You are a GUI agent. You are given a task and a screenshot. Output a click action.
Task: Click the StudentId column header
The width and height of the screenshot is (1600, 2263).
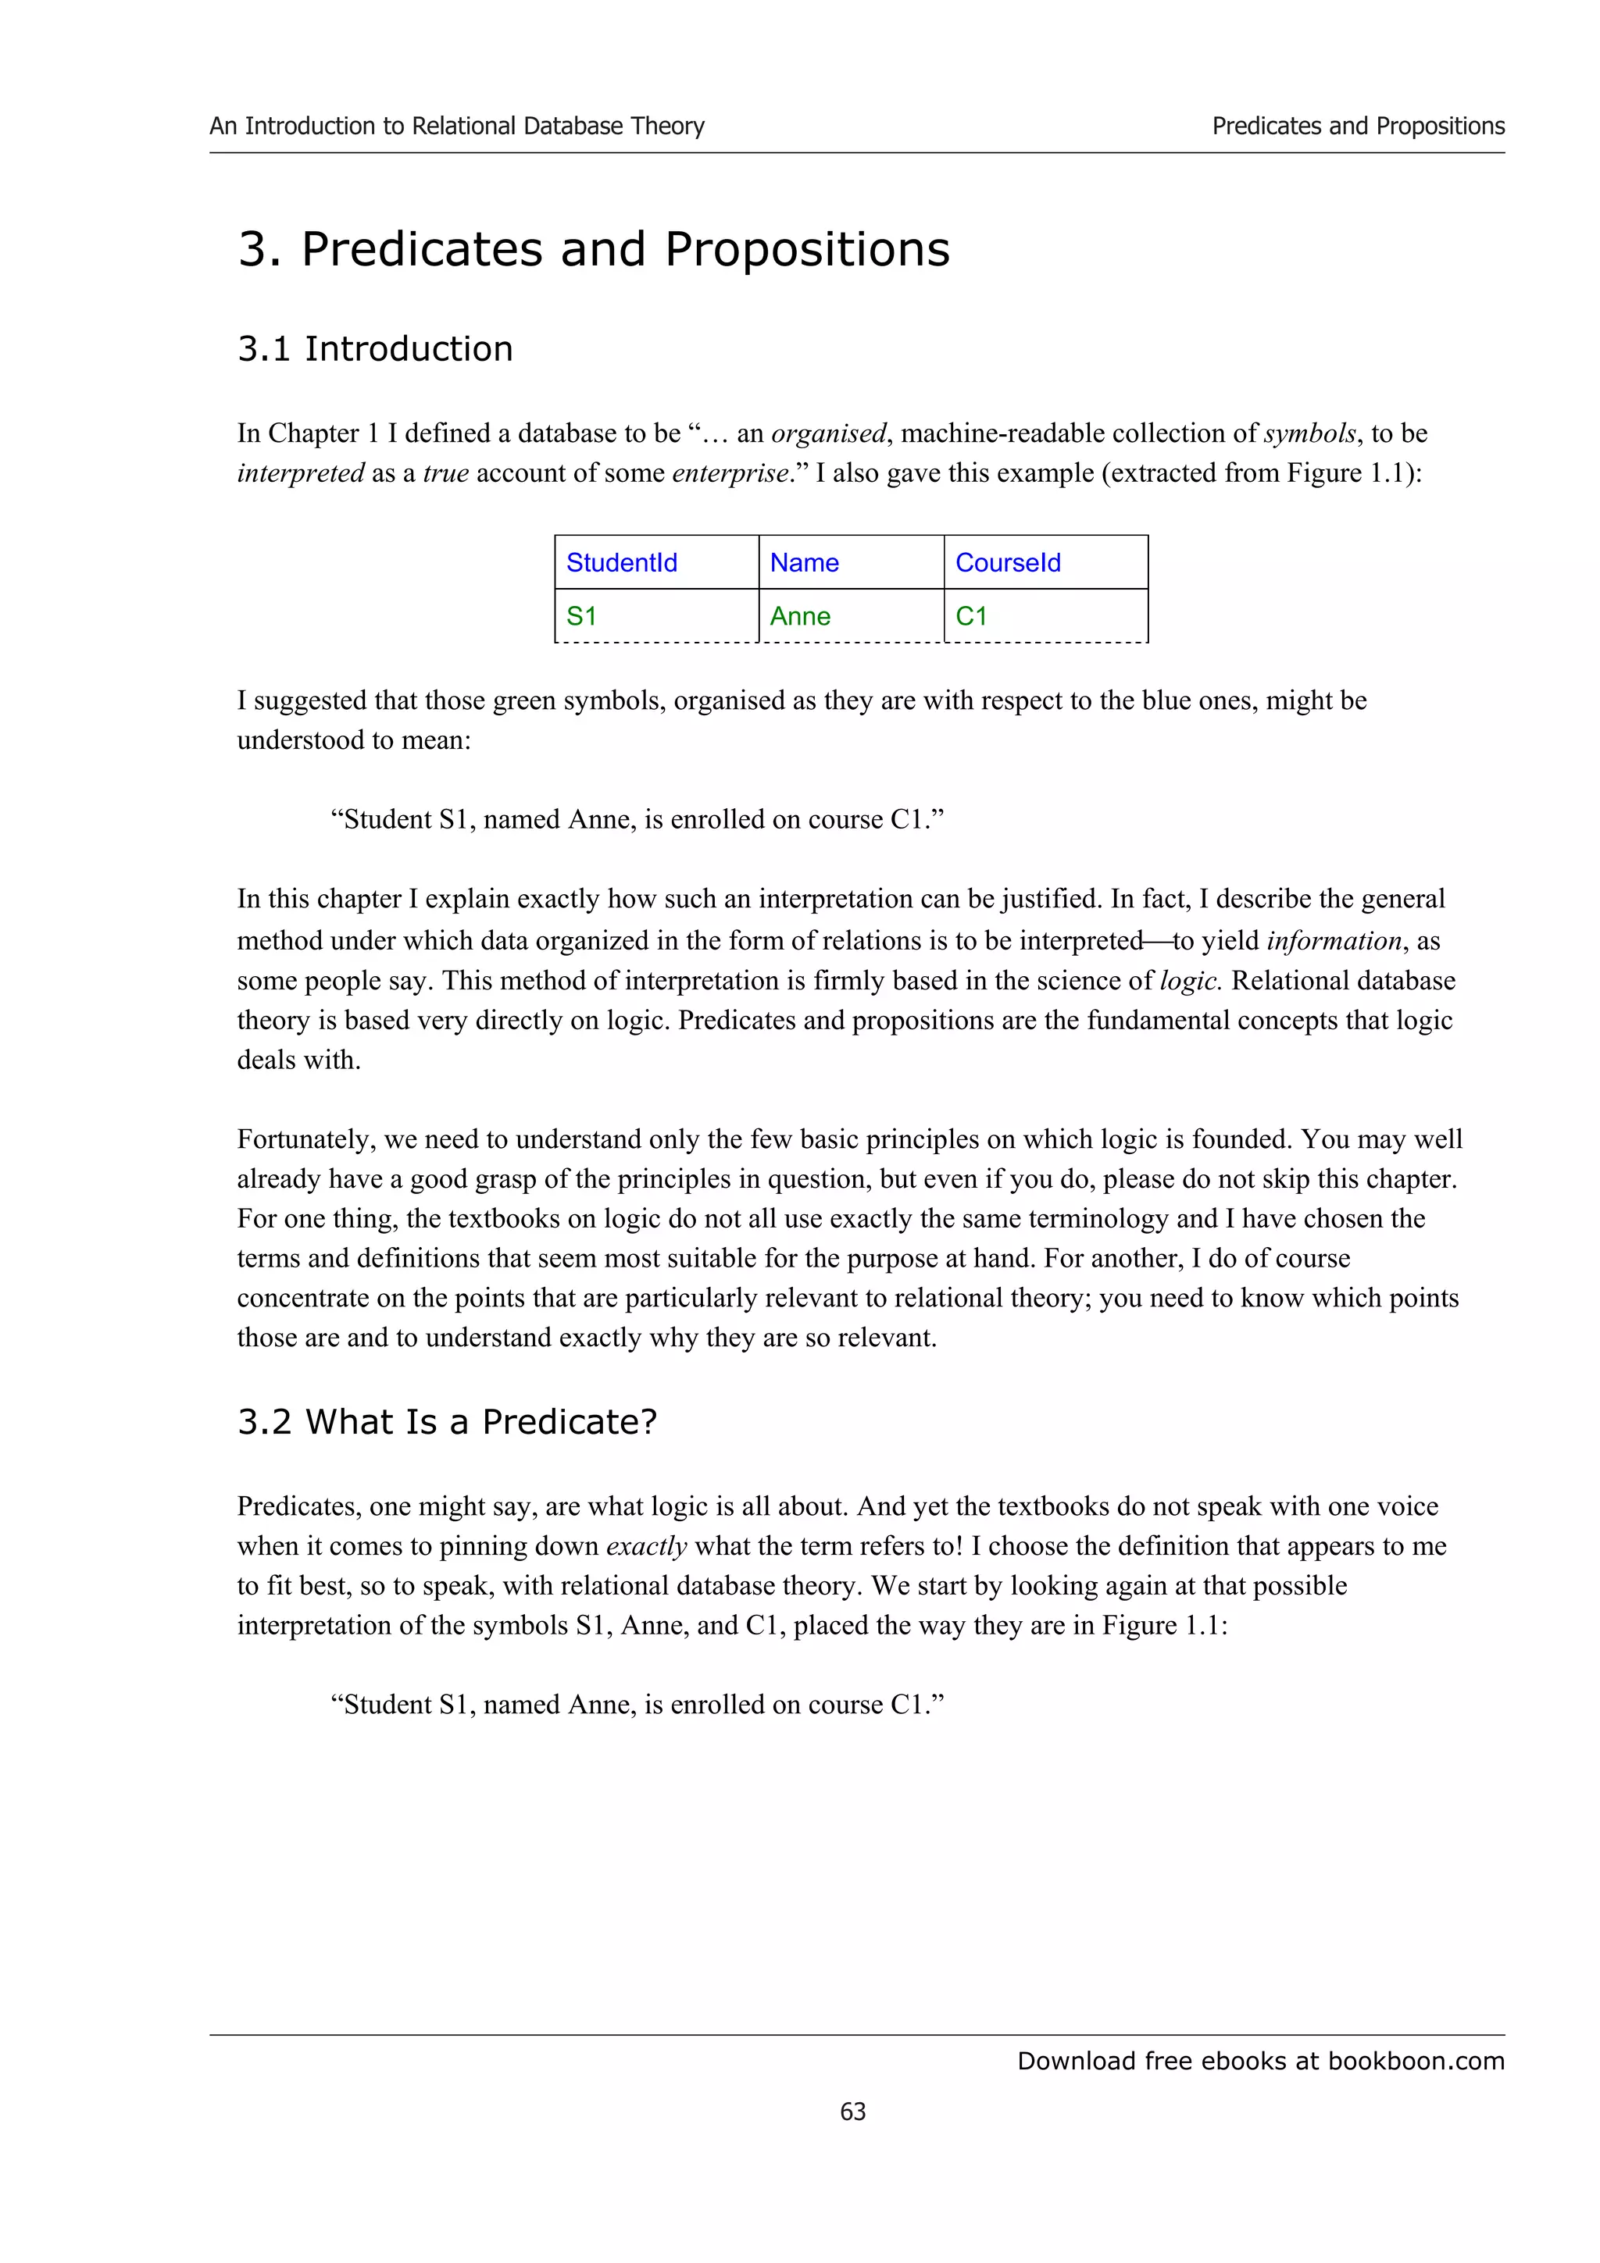621,563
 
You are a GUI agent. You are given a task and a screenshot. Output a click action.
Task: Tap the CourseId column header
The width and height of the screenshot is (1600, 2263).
1008,563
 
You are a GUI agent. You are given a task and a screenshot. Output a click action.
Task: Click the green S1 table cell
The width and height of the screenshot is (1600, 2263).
581,616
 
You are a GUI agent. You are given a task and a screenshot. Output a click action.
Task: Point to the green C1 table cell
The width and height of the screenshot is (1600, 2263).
971,616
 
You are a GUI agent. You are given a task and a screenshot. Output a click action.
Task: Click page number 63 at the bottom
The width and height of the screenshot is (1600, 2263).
853,2110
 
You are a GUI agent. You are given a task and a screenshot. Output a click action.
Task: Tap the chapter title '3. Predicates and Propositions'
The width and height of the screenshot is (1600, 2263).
594,248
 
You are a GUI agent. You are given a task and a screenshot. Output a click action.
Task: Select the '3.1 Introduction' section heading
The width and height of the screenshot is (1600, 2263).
375,349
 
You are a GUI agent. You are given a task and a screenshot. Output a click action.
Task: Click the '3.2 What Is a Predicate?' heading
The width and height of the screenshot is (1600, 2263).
447,1421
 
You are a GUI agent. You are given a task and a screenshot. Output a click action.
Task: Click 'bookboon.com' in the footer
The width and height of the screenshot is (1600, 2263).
1416,2061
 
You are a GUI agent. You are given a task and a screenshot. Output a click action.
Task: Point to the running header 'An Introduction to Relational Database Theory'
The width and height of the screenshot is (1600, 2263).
456,127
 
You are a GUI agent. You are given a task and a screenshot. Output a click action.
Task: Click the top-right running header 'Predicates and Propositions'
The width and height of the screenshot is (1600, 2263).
1358,127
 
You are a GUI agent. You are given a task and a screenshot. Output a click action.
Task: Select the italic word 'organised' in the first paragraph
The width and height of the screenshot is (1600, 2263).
828,433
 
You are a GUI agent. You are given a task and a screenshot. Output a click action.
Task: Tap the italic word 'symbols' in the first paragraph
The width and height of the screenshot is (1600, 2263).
1309,433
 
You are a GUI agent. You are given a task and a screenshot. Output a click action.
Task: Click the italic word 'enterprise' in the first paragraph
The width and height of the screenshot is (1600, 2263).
730,473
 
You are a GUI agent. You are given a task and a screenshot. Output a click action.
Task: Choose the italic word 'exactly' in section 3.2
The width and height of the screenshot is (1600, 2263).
646,1545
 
